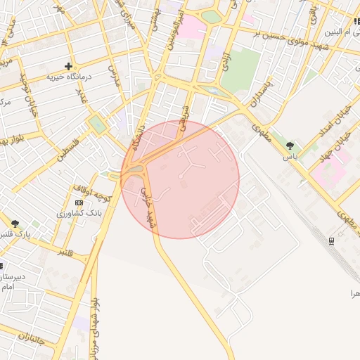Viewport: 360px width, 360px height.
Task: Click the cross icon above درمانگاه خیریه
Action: click(x=68, y=65)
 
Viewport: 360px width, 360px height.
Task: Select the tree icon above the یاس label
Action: click(x=290, y=146)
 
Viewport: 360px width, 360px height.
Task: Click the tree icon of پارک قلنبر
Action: click(x=15, y=224)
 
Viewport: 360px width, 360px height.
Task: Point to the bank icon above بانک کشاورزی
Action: click(x=78, y=202)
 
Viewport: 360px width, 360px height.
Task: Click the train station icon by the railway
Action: click(x=331, y=240)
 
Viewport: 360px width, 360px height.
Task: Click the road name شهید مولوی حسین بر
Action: click(x=277, y=33)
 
